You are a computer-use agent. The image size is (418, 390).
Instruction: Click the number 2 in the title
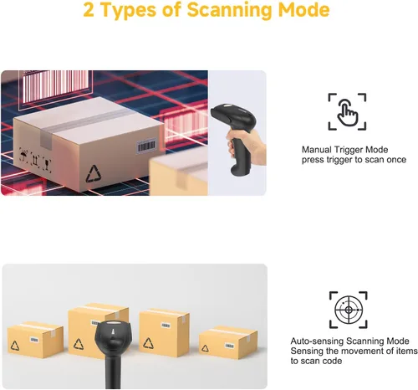coord(89,10)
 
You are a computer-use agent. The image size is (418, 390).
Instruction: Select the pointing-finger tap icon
coord(347,111)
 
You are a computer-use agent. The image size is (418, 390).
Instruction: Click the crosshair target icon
coord(349,310)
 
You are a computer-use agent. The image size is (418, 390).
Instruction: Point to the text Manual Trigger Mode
coord(344,150)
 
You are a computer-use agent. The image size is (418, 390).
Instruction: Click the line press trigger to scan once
coord(354,160)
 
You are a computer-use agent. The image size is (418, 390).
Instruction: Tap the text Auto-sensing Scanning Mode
coord(349,341)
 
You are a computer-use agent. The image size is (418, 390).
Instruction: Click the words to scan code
coord(316,361)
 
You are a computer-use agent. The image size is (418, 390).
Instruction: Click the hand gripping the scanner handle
coord(247,148)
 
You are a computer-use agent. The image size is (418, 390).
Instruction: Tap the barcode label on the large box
coord(146,146)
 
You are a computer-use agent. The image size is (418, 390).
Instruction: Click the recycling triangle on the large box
coord(94,174)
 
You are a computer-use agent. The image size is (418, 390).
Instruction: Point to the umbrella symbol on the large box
coord(23,154)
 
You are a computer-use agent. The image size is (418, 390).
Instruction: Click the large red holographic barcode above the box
coord(55,86)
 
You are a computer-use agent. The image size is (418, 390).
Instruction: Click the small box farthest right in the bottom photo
coord(228,343)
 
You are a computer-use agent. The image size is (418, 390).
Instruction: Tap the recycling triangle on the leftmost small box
coord(15,346)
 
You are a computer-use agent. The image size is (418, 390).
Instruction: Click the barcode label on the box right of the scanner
coord(166,326)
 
